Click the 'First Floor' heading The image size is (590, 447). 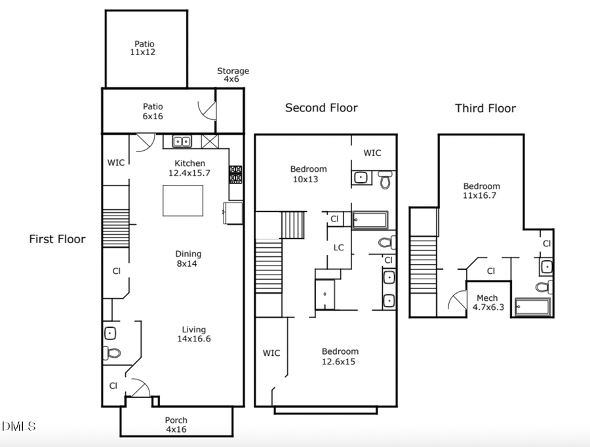(x=57, y=239)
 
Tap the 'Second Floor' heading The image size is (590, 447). (x=321, y=107)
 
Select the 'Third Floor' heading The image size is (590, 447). (x=485, y=108)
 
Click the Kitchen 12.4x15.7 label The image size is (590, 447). (x=189, y=168)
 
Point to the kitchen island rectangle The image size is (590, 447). (x=183, y=201)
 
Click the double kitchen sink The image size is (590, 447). (x=182, y=141)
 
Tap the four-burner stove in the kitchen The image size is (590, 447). (x=235, y=174)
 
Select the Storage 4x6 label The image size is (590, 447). (x=233, y=75)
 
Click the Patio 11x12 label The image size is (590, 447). (x=144, y=48)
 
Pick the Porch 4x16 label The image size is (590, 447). (x=176, y=425)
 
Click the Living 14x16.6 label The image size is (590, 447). (x=193, y=334)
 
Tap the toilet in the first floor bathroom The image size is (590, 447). (x=112, y=353)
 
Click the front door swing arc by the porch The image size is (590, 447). (x=137, y=388)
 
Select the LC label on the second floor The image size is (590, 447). (x=338, y=248)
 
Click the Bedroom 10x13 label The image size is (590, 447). (x=308, y=174)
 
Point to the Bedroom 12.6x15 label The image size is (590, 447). (x=340, y=356)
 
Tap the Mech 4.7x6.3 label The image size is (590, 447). (x=488, y=302)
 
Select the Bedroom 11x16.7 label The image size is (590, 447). (x=481, y=191)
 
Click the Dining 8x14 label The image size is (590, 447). (x=187, y=259)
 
